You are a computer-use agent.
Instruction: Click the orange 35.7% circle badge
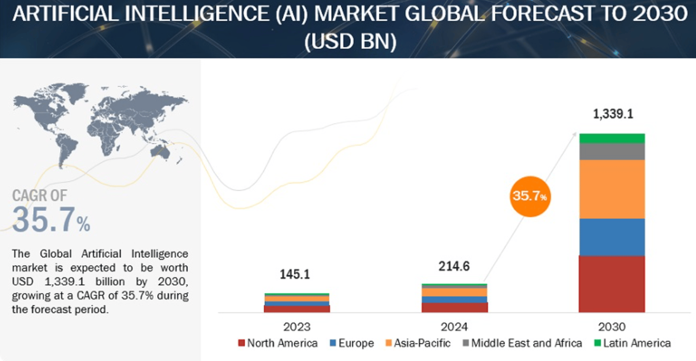(x=530, y=196)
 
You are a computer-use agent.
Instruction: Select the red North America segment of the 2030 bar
(x=612, y=284)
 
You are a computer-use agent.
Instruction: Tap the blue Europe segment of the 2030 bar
(x=612, y=237)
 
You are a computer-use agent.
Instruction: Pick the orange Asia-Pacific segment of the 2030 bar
(x=612, y=189)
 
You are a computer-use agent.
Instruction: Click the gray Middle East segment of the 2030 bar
(x=612, y=152)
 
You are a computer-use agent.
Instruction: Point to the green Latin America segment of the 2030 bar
(x=612, y=138)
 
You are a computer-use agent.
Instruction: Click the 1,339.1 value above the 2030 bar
(x=613, y=114)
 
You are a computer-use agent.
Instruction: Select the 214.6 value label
(x=454, y=266)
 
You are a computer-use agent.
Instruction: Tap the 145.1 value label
(x=295, y=274)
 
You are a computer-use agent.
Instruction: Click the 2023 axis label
(x=297, y=327)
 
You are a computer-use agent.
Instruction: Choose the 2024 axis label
(x=454, y=327)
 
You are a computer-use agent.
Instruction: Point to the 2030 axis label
(x=612, y=327)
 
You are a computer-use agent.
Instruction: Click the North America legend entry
(x=278, y=343)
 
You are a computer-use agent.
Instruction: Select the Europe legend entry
(x=352, y=343)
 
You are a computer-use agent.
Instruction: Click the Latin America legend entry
(x=633, y=343)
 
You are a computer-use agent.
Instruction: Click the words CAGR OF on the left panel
(x=40, y=196)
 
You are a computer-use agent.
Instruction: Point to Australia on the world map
(x=161, y=152)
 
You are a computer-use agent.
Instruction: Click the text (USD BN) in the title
(x=350, y=41)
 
